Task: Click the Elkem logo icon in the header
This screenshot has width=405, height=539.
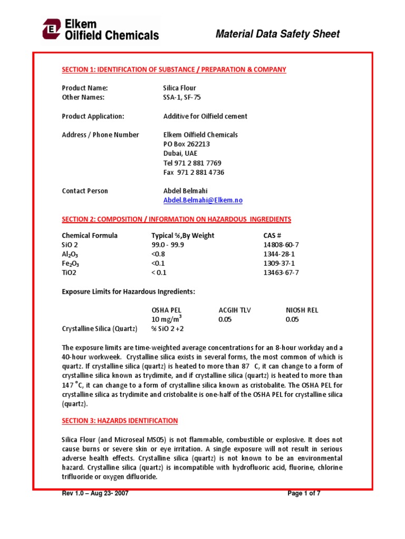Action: (x=52, y=29)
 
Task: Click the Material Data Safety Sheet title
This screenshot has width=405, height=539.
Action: (x=278, y=34)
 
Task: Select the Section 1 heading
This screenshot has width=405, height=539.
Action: (x=174, y=69)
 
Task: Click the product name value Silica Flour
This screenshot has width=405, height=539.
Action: (x=180, y=88)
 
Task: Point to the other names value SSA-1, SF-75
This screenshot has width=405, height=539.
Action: (x=182, y=97)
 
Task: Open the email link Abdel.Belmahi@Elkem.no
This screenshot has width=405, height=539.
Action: (x=203, y=201)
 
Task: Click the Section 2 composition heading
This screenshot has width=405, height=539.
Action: (x=176, y=219)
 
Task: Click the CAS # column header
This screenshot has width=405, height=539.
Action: (x=273, y=235)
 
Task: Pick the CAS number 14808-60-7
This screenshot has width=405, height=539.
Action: (x=281, y=245)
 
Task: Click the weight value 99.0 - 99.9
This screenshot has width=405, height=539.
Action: (x=168, y=245)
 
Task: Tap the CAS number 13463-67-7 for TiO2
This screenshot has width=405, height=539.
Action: (x=281, y=273)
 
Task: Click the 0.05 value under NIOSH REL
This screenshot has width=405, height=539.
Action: (x=292, y=320)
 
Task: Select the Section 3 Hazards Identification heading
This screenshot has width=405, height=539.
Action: (x=120, y=421)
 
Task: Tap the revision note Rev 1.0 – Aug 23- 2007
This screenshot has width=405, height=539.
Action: (x=95, y=494)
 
